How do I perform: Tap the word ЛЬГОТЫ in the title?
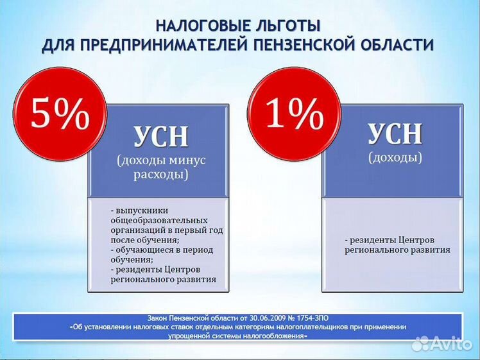[287, 26]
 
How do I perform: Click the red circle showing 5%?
[60, 114]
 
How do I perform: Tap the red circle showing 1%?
[294, 114]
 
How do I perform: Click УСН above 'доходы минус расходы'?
[161, 137]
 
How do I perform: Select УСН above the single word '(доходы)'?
[395, 133]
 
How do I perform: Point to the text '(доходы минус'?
[161, 160]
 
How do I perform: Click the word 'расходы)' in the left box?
[161, 175]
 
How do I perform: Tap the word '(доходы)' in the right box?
[395, 158]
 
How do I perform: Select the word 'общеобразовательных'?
[159, 220]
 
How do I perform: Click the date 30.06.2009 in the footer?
[265, 318]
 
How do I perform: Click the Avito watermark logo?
[442, 344]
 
